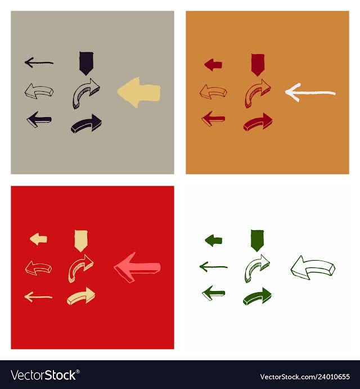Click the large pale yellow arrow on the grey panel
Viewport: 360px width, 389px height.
(139, 92)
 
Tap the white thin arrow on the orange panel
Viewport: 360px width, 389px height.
(310, 92)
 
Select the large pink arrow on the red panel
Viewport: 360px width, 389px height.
(137, 267)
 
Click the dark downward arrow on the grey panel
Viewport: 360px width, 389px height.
(86, 63)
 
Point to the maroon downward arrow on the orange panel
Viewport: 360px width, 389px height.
(258, 65)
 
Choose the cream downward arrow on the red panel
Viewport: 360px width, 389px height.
(81, 240)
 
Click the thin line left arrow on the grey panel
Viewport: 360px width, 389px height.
(39, 62)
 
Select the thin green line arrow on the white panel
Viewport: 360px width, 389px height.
(214, 267)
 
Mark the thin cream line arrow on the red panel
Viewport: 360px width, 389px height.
(38, 297)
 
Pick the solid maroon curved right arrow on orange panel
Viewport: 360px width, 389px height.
(258, 122)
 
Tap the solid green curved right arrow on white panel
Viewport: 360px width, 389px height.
(257, 296)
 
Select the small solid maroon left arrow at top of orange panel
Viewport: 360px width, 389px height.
(213, 65)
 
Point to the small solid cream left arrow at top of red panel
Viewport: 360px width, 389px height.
(38, 239)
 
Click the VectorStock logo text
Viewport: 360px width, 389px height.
(45, 375)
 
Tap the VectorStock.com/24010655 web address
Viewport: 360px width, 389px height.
(305, 377)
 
